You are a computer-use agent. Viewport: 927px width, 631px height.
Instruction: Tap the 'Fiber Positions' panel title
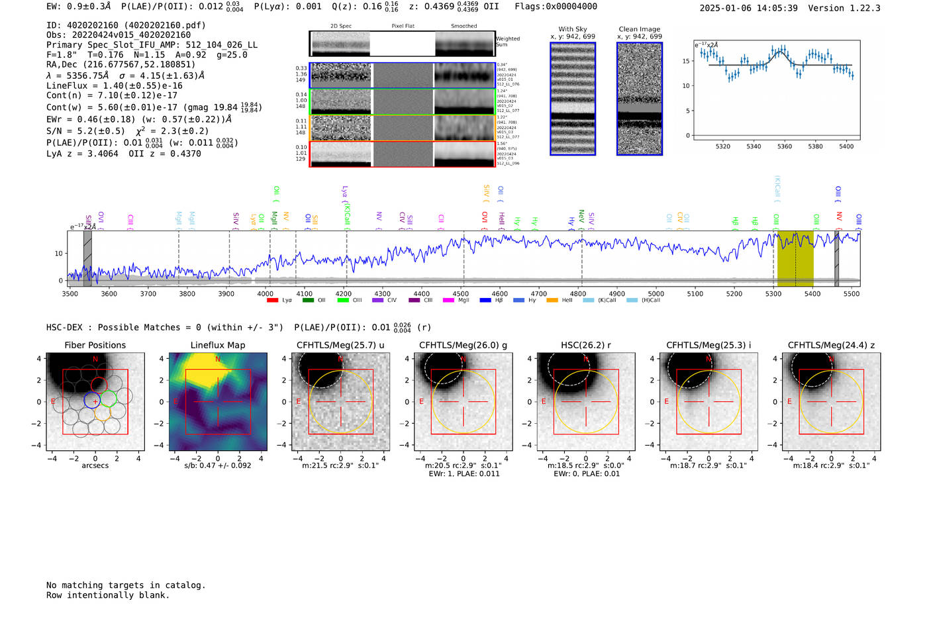click(95, 345)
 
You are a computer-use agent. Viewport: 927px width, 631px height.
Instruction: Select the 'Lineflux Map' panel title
click(218, 345)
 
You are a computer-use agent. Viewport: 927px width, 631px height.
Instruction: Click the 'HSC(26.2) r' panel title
click(585, 345)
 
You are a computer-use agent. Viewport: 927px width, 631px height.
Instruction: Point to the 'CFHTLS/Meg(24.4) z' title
click(831, 345)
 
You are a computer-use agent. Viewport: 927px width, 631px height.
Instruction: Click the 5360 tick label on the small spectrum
click(785, 146)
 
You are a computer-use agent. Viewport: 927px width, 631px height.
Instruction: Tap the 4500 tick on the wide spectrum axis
click(461, 293)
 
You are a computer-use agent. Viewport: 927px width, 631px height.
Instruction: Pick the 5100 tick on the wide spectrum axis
click(695, 293)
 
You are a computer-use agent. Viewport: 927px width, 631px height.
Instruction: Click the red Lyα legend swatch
click(272, 301)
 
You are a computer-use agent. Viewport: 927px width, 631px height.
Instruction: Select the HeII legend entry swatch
click(552, 301)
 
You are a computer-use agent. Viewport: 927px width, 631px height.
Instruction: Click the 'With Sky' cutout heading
click(573, 29)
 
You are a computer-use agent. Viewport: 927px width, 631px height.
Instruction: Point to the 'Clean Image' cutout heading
click(639, 29)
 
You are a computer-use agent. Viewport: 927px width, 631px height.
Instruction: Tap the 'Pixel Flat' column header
click(403, 26)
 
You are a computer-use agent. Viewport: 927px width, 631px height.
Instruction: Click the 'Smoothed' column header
click(464, 26)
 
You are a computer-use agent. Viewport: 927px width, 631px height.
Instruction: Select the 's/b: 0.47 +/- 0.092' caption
click(218, 465)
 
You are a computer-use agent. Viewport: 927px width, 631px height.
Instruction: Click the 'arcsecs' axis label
click(95, 465)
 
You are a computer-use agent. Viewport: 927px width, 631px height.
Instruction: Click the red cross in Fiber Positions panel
click(95, 402)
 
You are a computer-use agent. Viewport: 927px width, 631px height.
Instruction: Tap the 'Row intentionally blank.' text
click(108, 595)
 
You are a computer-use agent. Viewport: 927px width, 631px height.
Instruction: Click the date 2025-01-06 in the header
click(726, 8)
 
